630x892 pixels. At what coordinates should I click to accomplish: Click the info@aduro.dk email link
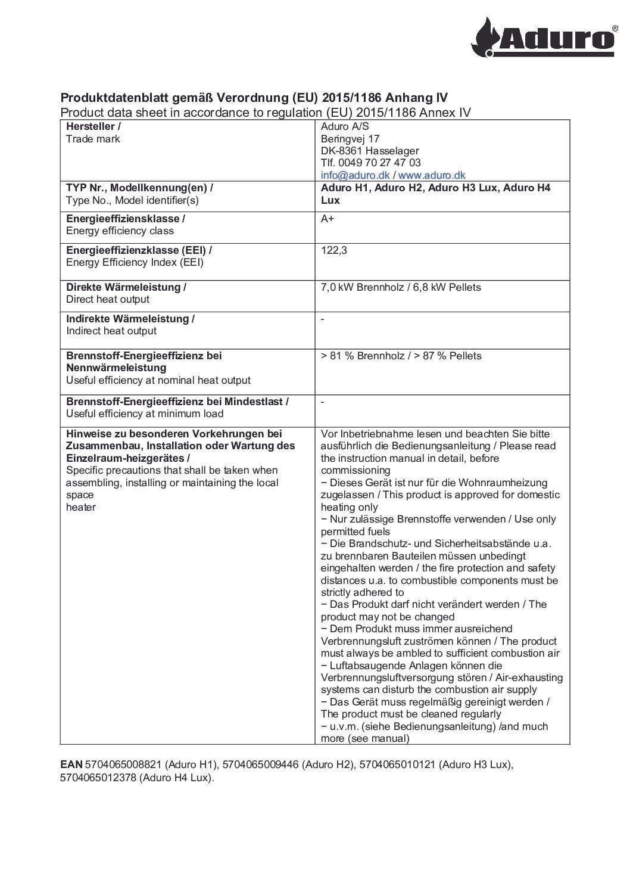pyautogui.click(x=355, y=175)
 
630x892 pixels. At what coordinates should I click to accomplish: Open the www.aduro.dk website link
pyautogui.click(x=432, y=175)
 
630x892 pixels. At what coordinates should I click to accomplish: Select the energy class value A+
pyautogui.click(x=328, y=219)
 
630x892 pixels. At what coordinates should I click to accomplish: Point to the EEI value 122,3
pyautogui.click(x=334, y=250)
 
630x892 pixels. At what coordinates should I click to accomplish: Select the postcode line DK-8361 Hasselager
pyautogui.click(x=369, y=151)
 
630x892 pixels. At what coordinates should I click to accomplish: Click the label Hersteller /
pyautogui.click(x=93, y=126)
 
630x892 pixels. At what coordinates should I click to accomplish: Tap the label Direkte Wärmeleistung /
pyautogui.click(x=126, y=287)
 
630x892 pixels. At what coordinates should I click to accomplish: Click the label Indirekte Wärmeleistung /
pyautogui.click(x=130, y=319)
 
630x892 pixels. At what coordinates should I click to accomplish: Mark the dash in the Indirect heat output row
pyautogui.click(x=323, y=319)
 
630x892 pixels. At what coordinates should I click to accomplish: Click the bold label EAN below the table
pyautogui.click(x=71, y=764)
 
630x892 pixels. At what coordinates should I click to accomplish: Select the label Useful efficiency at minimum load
pyautogui.click(x=145, y=414)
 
